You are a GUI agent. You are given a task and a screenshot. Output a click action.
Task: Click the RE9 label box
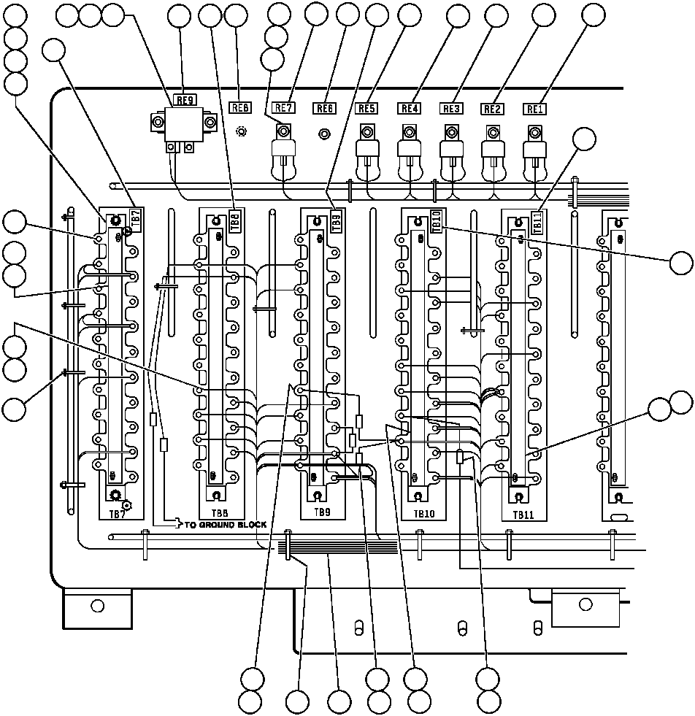[184, 99]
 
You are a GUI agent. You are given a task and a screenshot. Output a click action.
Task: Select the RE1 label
[535, 109]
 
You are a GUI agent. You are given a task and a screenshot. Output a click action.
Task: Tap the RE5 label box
[366, 109]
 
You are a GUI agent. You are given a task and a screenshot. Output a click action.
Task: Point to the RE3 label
[451, 109]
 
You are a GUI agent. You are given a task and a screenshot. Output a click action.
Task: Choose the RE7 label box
[283, 108]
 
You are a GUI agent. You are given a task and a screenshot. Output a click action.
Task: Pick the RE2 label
[493, 109]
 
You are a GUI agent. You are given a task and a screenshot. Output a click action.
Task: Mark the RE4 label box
[409, 109]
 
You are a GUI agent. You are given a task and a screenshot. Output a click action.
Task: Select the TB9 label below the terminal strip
[322, 512]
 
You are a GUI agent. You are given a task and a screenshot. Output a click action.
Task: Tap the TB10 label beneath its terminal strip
[423, 514]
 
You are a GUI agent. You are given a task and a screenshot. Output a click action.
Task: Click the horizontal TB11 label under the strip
[524, 515]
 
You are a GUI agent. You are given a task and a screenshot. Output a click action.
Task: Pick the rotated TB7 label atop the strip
[135, 218]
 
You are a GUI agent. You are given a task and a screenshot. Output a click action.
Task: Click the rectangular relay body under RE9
[183, 124]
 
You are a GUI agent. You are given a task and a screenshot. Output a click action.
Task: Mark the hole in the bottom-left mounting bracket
[97, 606]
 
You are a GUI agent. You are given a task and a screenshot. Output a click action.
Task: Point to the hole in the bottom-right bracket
[585, 604]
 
